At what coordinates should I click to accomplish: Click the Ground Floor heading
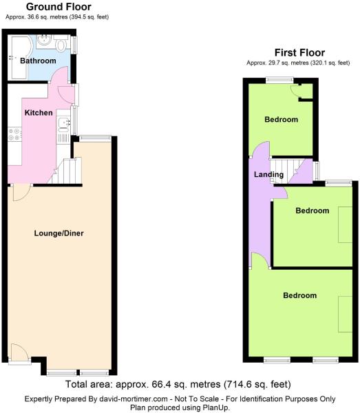(59, 7)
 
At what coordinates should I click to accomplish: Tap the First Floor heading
(299, 53)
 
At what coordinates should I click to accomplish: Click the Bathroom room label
(38, 61)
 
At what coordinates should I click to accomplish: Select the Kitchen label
(39, 113)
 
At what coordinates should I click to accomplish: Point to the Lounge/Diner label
(59, 233)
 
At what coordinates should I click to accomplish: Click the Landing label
(268, 174)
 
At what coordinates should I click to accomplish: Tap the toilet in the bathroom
(61, 44)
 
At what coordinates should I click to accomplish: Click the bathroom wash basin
(44, 40)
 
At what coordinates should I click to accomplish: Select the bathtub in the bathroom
(20, 57)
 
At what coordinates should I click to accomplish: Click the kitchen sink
(63, 125)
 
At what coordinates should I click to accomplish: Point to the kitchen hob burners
(14, 134)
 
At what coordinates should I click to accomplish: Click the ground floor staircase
(66, 171)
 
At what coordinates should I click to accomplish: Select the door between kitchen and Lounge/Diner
(21, 193)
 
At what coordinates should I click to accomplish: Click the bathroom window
(74, 45)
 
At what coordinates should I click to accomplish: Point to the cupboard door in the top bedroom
(295, 90)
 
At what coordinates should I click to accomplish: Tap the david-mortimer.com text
(134, 399)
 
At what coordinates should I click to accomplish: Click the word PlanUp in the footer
(215, 407)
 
